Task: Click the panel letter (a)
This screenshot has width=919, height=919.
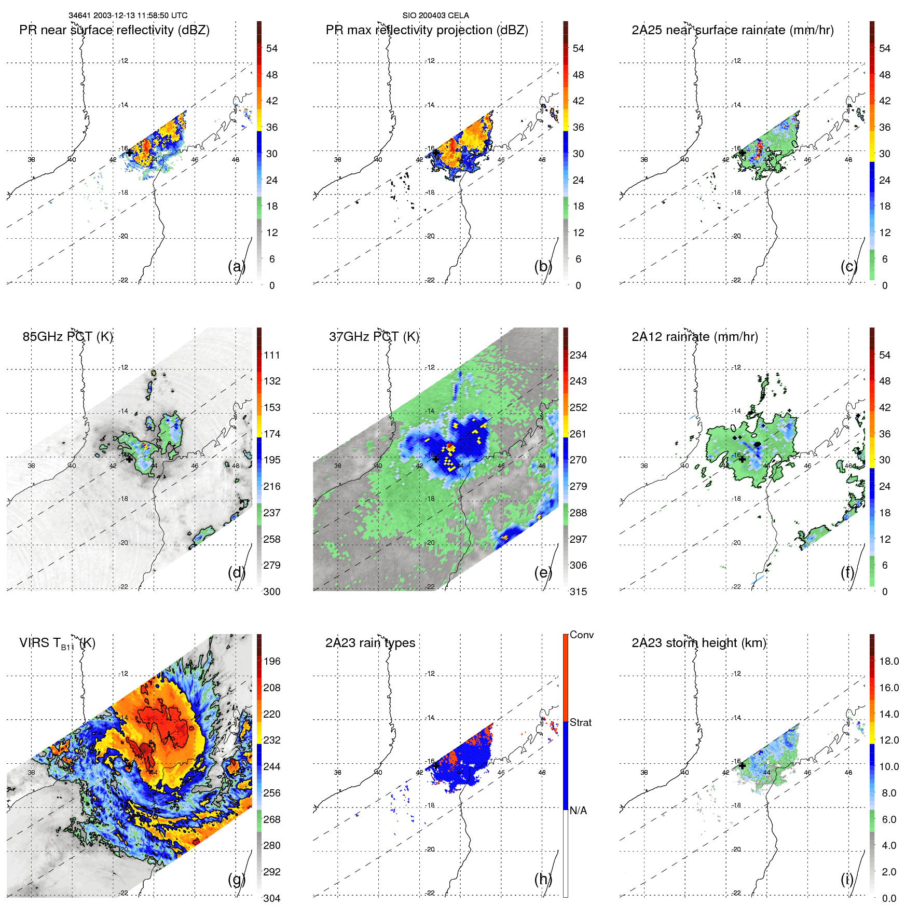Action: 236,267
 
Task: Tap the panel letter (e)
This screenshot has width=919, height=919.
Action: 543,573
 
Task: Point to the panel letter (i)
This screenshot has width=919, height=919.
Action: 847,879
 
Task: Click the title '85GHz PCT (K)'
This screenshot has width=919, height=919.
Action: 67,336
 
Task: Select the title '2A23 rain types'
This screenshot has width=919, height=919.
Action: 370,643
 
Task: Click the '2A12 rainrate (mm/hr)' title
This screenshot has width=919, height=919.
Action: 694,336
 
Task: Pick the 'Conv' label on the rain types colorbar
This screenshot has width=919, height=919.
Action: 581,635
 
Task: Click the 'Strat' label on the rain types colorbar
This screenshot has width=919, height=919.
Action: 580,722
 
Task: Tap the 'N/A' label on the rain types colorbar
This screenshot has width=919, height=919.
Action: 578,810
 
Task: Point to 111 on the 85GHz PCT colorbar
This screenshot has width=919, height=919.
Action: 272,355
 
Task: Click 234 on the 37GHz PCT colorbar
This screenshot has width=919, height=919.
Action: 578,355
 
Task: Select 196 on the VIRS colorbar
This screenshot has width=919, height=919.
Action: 272,661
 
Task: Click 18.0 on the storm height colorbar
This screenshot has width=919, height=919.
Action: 888,661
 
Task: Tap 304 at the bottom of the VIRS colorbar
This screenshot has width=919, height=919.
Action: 272,898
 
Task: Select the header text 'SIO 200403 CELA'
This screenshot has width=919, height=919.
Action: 435,16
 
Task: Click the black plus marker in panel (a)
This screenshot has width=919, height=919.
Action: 129,153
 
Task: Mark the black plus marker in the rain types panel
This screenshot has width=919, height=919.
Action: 436,765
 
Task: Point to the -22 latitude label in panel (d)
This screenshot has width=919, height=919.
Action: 123,586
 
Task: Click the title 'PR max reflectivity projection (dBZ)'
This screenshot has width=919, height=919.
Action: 427,30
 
